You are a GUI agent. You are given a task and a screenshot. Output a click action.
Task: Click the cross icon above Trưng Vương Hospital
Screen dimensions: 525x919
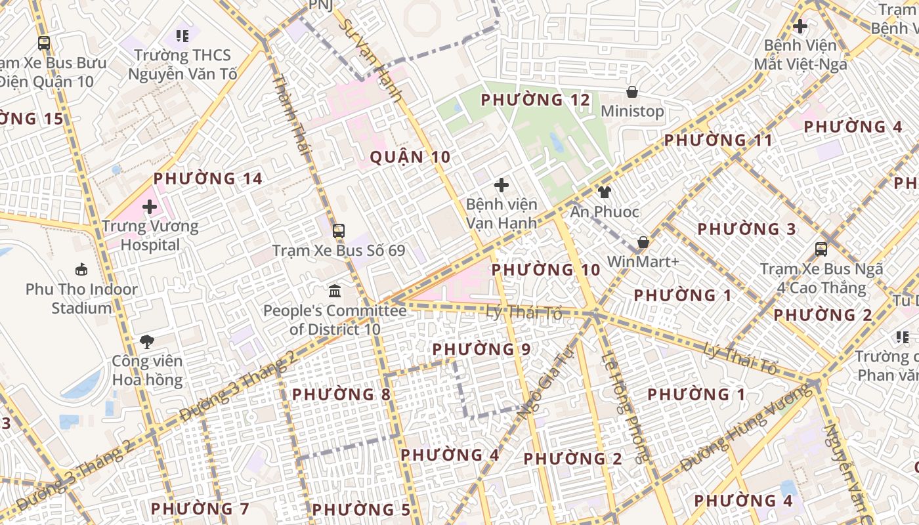(x=150, y=207)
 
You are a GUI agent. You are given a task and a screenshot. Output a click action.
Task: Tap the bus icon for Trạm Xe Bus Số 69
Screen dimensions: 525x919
(x=339, y=231)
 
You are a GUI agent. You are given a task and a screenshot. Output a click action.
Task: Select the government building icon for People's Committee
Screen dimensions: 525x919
(x=335, y=291)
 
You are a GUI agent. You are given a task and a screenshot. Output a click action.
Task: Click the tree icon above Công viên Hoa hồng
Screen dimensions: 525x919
(x=147, y=341)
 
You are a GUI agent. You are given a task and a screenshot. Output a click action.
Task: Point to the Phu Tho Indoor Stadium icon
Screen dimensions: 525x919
(x=81, y=270)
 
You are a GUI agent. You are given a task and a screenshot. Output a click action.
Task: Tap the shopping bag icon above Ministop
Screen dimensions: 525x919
(x=632, y=92)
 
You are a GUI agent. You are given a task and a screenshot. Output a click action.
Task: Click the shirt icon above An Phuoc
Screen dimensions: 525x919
(x=604, y=192)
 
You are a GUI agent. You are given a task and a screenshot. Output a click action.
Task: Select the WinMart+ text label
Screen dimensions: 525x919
(x=643, y=261)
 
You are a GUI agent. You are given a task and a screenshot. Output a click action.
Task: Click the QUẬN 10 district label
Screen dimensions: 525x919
(x=410, y=157)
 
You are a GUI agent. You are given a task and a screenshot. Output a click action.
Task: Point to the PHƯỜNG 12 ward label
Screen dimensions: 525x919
(x=536, y=100)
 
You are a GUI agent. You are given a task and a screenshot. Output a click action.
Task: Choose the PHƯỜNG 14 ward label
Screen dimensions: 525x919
(x=207, y=178)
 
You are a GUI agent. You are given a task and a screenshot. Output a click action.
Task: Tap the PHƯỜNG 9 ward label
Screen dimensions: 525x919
(x=481, y=349)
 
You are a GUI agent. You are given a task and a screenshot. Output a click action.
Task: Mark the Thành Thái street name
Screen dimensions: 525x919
(x=290, y=114)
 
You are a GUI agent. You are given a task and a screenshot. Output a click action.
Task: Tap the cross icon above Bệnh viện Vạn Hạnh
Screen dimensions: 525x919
(x=502, y=186)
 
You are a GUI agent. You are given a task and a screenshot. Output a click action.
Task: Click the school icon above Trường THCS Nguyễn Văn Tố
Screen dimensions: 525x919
(x=182, y=36)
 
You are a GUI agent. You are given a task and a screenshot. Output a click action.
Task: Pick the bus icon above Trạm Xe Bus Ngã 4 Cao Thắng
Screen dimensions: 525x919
(x=821, y=249)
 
